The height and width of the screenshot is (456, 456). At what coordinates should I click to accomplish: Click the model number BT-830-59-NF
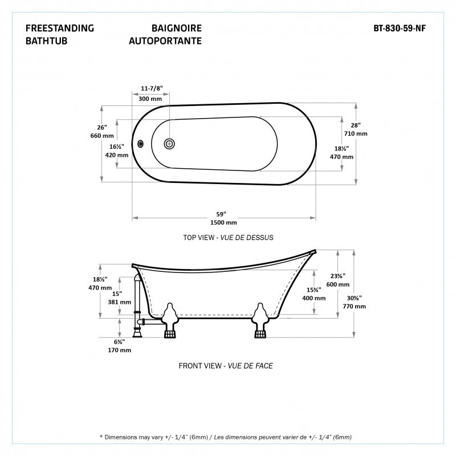pos(400,28)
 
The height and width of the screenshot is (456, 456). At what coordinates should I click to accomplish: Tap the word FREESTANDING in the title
pos(60,28)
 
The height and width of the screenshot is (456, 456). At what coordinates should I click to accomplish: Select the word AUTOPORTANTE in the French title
pos(165,40)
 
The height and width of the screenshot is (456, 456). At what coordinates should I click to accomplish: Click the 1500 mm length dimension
pos(223,222)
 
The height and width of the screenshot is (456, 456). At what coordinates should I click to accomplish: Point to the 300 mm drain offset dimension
pos(150,99)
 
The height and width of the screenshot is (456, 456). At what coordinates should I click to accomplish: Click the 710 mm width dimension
pos(356,133)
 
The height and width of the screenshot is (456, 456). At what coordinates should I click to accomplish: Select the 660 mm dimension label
pos(102,136)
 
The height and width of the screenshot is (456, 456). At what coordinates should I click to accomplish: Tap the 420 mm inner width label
pos(117,155)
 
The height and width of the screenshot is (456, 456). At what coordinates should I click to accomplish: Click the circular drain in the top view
pos(169,144)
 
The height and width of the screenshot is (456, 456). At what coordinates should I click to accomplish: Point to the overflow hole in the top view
pos(140,144)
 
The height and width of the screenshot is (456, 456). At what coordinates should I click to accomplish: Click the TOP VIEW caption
pos(198,238)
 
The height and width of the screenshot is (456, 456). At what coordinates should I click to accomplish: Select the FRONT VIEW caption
pos(200,366)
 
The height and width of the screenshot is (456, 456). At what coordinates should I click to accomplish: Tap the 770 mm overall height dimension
pos(354,306)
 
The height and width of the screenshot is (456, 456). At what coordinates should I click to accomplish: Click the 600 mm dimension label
pos(338,284)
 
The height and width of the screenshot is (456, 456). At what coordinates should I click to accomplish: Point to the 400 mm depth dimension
pos(314,298)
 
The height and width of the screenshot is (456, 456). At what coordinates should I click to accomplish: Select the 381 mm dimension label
pos(120,302)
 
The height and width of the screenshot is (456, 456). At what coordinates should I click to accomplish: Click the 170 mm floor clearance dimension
pos(120,350)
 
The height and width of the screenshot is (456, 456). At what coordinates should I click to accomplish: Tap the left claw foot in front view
pos(170,320)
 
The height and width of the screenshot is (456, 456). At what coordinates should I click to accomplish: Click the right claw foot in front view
pos(260,320)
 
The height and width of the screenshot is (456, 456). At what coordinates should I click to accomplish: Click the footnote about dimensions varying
pos(226,437)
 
